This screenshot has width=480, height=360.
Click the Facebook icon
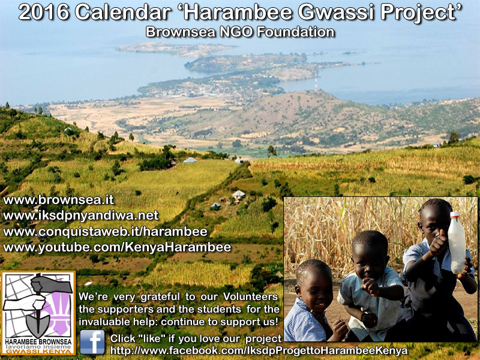point(92,342)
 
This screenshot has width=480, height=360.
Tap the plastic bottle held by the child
point(457,242)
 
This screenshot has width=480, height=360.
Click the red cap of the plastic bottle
point(455,214)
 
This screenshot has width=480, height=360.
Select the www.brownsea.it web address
point(58,200)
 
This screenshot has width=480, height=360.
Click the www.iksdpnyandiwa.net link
point(81,215)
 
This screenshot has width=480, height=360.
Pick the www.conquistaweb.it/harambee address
point(106,232)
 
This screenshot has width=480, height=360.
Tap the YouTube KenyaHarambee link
point(117,247)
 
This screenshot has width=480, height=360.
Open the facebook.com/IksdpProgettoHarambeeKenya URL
point(259,351)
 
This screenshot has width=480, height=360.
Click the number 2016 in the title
point(44,13)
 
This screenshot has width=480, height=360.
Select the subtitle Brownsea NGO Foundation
point(240,32)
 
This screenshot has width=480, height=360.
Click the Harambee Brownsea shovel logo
point(38,313)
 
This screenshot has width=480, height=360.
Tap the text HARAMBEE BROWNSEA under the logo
point(38,341)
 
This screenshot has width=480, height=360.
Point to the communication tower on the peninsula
point(316,81)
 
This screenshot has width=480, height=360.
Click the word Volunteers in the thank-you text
point(250,296)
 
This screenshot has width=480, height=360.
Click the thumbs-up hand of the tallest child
point(439,244)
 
